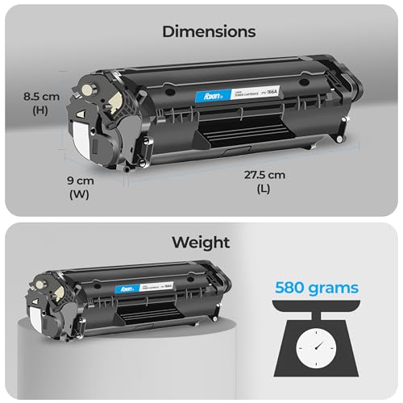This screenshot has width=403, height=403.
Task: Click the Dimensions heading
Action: [209, 32]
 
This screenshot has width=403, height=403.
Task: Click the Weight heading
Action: [201, 242]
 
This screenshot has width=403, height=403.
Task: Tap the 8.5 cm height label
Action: [40, 97]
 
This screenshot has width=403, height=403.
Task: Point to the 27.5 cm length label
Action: [267, 175]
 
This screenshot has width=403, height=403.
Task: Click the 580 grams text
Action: [316, 286]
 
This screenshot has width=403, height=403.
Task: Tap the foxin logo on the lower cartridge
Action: [127, 286]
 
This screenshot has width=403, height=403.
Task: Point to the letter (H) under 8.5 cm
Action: [40, 111]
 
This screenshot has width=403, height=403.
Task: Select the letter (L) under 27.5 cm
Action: [267, 189]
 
